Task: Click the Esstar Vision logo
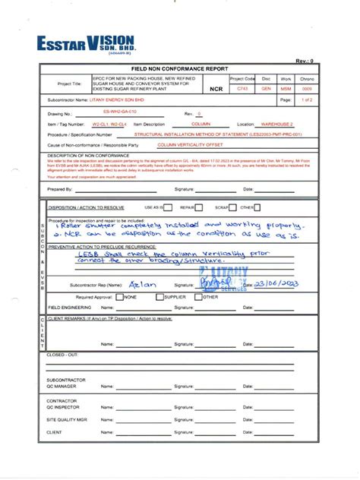pos(86,43)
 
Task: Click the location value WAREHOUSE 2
pos(279,123)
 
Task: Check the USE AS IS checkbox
pos(168,207)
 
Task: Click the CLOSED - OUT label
pos(62,354)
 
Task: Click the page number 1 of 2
pos(306,100)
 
